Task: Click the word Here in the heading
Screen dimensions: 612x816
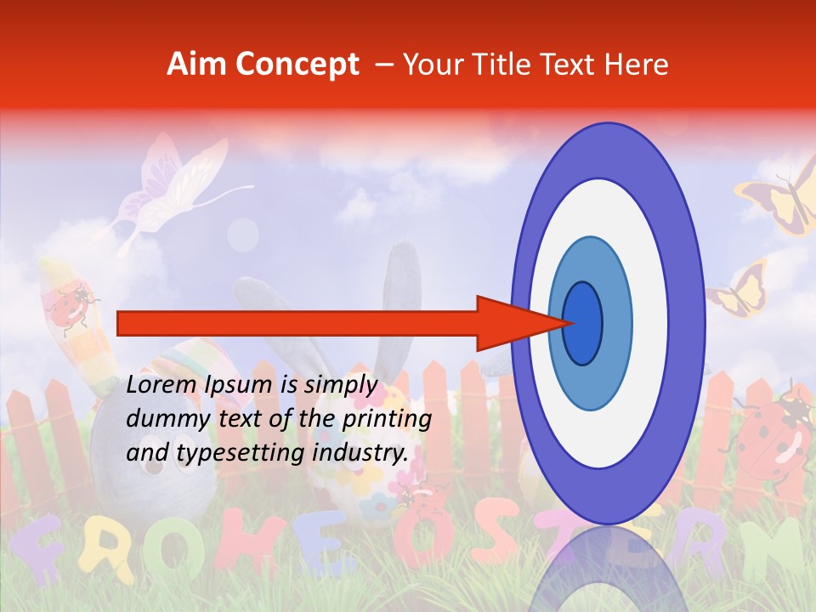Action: coord(637,65)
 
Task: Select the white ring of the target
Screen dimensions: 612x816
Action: coord(646,323)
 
